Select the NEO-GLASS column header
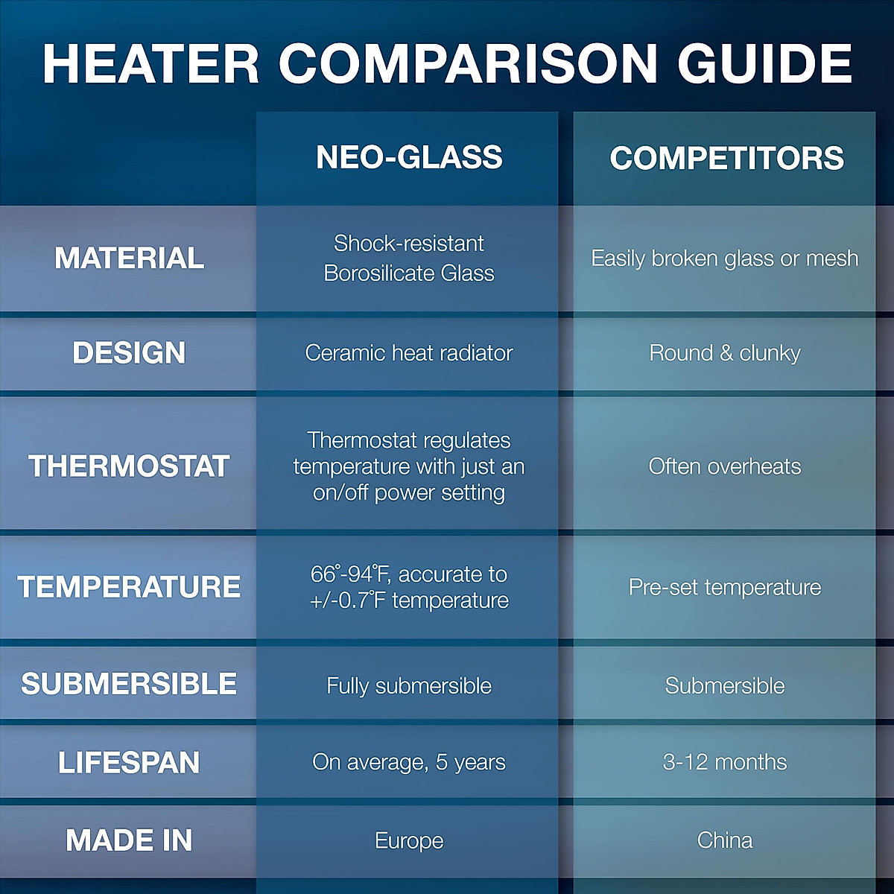[409, 157]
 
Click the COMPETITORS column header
[726, 158]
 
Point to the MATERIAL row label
[129, 259]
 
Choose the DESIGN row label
[129, 353]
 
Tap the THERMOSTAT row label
[129, 466]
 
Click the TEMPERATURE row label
[129, 587]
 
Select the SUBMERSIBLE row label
[129, 684]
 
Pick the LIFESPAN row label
[129, 762]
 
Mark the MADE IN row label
[129, 840]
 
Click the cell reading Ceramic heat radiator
[409, 353]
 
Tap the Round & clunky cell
[725, 353]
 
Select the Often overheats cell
[725, 466]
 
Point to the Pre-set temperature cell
[725, 587]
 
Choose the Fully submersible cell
[409, 685]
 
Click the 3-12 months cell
[725, 762]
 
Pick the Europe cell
[409, 841]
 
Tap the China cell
[725, 840]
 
